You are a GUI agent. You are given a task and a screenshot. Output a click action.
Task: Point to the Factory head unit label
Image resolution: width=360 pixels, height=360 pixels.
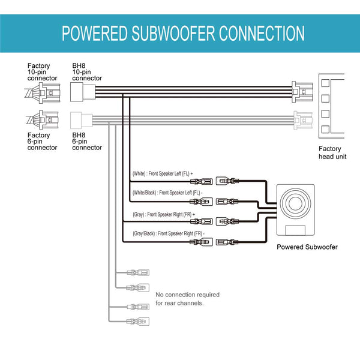pos(329,152)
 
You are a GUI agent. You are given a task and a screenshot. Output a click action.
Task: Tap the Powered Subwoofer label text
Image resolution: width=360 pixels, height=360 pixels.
pos(307,247)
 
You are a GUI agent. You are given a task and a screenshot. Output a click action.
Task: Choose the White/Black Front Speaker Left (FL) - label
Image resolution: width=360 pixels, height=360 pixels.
pos(167,193)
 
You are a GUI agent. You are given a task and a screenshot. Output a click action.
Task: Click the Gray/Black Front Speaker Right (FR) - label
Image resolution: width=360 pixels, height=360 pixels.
pos(168,233)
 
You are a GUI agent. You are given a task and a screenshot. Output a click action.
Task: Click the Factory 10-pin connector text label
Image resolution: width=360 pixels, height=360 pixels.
pos(43,72)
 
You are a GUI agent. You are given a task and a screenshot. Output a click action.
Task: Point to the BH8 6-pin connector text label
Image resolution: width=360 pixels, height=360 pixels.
pos(87,141)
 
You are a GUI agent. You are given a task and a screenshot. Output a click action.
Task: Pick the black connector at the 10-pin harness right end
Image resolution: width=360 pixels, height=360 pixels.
pos(301,91)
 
